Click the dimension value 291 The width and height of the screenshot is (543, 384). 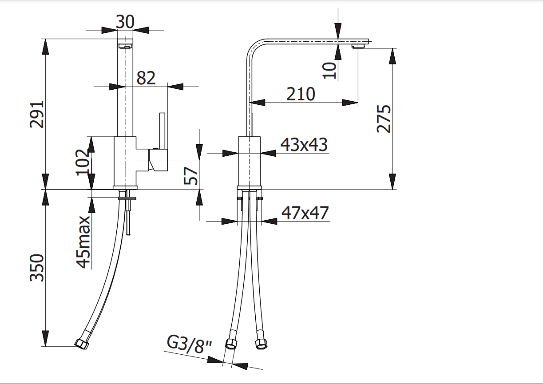click(x=37, y=114)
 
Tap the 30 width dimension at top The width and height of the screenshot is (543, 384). click(x=125, y=21)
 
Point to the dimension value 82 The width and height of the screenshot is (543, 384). click(x=146, y=78)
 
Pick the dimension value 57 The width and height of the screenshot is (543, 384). click(x=191, y=175)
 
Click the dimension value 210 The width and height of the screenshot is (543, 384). click(x=301, y=94)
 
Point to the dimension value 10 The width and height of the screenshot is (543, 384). click(x=329, y=70)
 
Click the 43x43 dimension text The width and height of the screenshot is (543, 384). click(x=304, y=144)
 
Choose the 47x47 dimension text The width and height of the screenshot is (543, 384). click(x=305, y=213)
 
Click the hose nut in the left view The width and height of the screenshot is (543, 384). click(x=82, y=343)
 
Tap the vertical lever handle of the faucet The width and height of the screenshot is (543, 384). click(x=162, y=131)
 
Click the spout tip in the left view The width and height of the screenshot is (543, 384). click(x=125, y=45)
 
